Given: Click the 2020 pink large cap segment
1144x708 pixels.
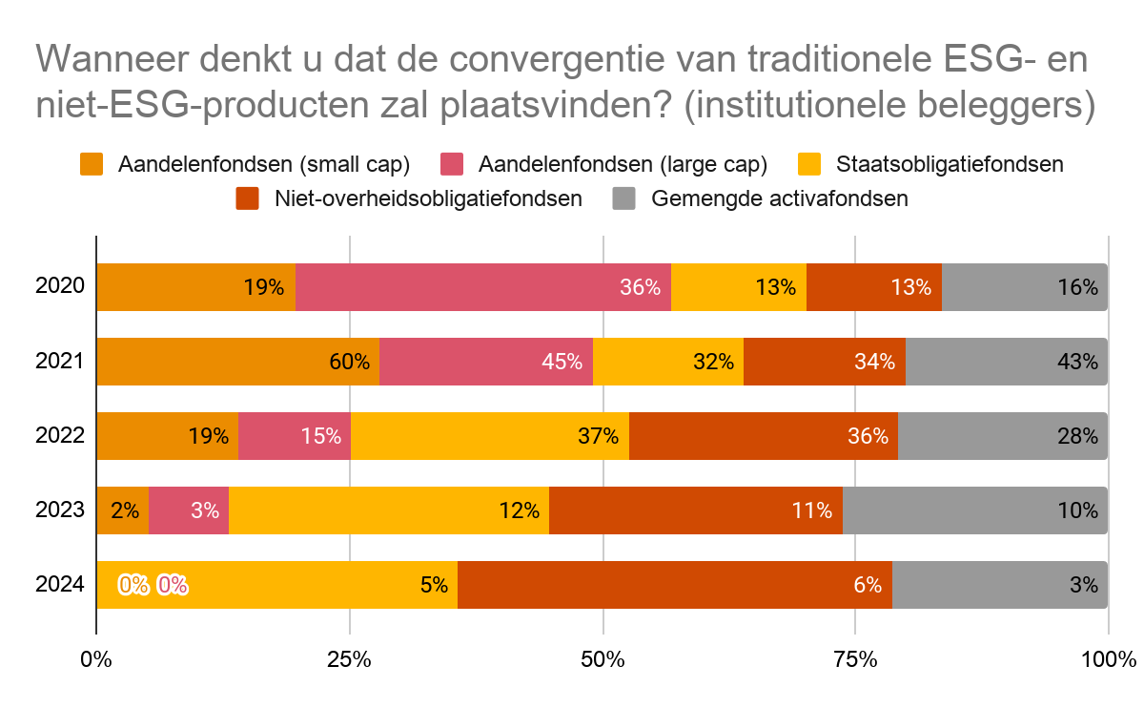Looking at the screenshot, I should pos(482,286).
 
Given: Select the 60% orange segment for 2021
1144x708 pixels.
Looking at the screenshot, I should pos(237,362).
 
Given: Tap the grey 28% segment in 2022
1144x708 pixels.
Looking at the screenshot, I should pos(1002,436).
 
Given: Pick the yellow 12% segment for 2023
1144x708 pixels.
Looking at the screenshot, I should pos(389,510).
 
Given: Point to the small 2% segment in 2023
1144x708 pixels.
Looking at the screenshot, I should pos(123,510).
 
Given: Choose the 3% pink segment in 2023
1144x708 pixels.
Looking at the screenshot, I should pos(189,510).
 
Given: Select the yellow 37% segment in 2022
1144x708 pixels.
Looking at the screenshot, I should pos(490,436).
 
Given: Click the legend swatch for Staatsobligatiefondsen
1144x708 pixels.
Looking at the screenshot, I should pos(809,164).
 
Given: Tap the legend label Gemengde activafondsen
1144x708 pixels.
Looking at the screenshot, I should pos(779,198).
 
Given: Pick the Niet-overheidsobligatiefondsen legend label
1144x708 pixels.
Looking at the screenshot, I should pos(427,198).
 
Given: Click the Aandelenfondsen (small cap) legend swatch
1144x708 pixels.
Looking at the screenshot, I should pos(92,164).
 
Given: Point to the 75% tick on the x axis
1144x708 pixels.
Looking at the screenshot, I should pos(855,658).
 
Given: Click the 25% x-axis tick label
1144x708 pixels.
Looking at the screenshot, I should pos(350,658).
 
